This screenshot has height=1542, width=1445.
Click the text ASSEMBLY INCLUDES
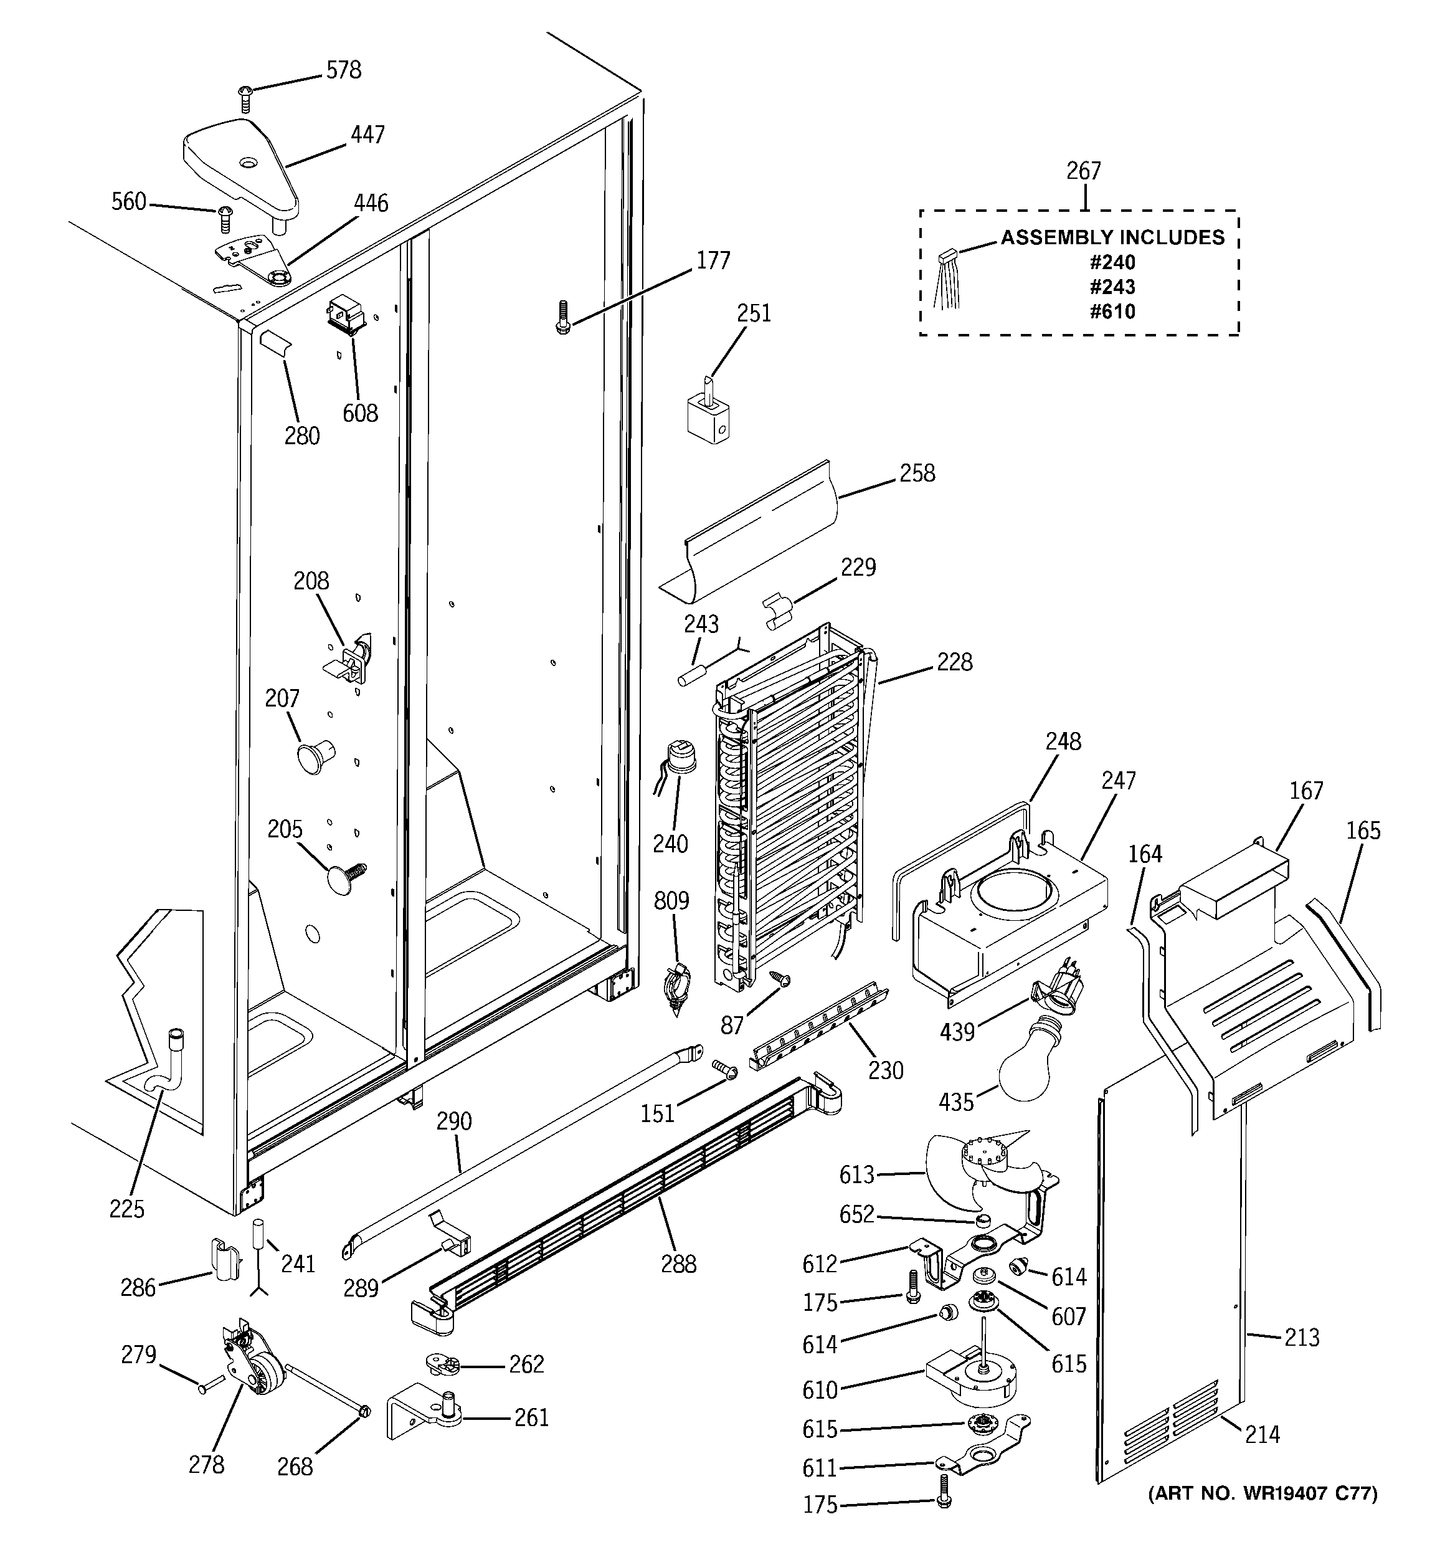tap(1112, 237)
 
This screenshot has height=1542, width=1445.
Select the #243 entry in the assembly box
tap(1112, 287)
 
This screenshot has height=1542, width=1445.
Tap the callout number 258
tap(917, 473)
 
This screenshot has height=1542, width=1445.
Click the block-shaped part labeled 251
tap(708, 417)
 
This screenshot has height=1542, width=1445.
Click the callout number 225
tap(126, 1209)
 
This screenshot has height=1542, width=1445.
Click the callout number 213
tap(1300, 1337)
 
